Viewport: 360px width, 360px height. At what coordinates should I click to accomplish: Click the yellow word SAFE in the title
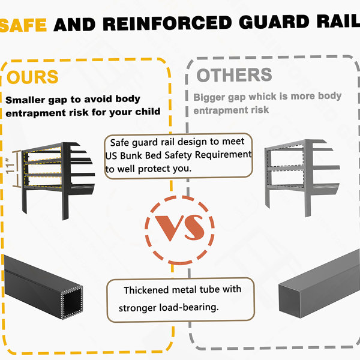click(23, 25)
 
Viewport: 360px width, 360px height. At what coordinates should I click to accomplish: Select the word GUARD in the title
click(274, 22)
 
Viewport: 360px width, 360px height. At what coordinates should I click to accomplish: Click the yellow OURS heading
click(32, 77)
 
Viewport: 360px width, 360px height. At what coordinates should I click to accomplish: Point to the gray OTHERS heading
click(234, 75)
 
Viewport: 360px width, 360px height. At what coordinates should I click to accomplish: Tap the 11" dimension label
click(10, 166)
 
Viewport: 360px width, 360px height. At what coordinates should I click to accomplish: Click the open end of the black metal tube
click(71, 302)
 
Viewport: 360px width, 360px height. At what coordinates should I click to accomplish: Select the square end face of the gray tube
click(289, 301)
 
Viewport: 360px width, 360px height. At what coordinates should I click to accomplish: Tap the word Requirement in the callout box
click(223, 155)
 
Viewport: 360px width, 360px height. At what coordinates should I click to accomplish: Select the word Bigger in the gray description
click(209, 97)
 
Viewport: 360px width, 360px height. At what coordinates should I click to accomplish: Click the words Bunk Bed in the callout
click(142, 155)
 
